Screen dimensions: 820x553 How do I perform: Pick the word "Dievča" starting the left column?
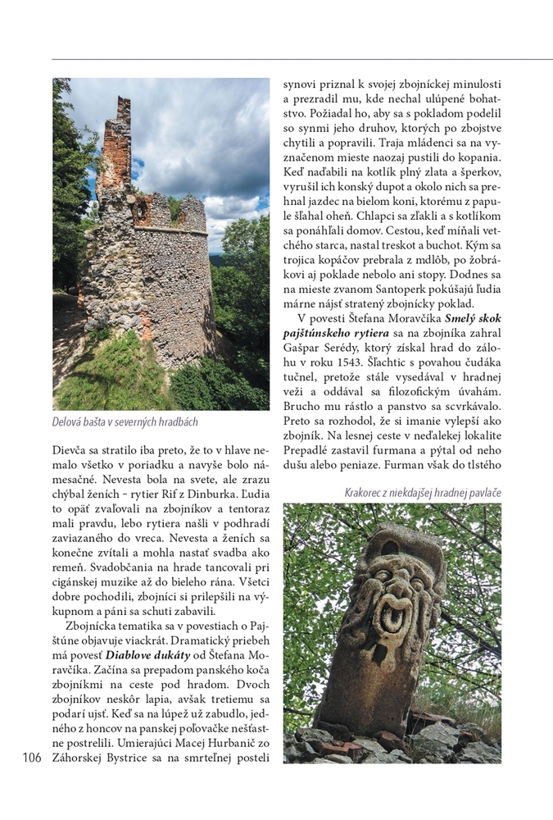(x=71, y=451)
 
